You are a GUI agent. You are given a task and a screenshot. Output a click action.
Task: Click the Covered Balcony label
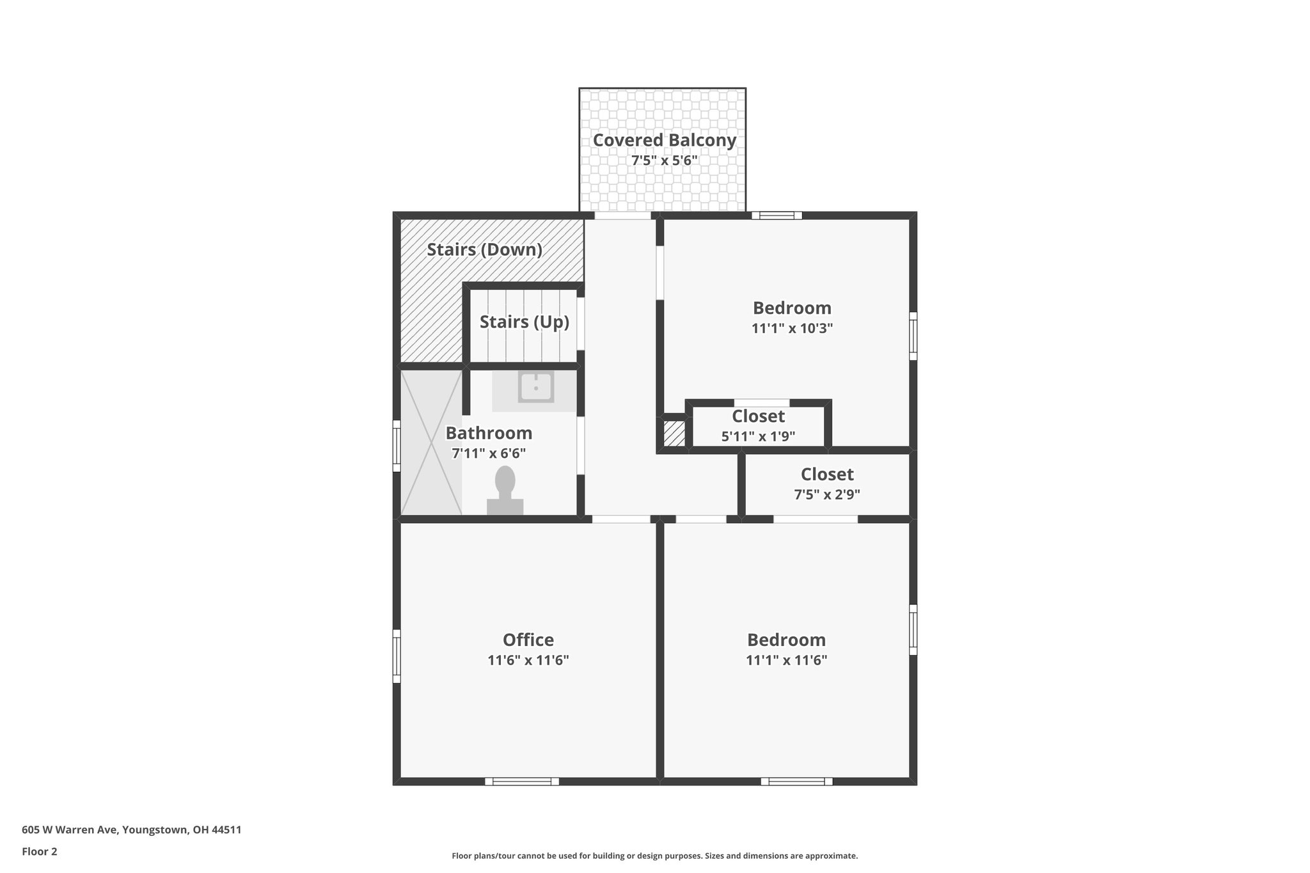664,140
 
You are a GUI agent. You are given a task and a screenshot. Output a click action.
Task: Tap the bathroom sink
535,388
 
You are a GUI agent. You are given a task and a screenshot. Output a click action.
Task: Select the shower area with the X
430,443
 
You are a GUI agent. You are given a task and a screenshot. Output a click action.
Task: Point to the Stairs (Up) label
524,322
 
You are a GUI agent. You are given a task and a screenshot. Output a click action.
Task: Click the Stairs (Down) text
484,249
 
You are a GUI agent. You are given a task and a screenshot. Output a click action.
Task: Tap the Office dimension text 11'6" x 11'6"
528,660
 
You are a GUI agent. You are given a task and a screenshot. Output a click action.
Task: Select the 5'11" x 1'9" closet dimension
758,437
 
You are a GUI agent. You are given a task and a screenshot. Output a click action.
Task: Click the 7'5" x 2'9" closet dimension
826,494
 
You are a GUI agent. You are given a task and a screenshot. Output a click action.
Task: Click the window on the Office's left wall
397,656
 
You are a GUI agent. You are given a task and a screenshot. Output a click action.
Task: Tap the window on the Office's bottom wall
521,781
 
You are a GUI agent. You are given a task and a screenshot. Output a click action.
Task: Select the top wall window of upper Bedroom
777,216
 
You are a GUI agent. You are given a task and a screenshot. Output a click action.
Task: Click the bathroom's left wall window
397,446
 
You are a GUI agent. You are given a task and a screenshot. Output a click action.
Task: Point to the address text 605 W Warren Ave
131,830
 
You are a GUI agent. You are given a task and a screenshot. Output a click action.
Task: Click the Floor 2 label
40,851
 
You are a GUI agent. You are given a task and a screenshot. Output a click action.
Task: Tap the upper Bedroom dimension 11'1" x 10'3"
792,329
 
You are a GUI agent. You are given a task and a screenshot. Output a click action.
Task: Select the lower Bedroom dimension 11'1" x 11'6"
786,660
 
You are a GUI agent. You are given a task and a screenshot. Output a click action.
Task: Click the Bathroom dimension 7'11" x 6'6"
489,453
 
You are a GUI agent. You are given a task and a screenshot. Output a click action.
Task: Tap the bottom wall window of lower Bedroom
796,781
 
